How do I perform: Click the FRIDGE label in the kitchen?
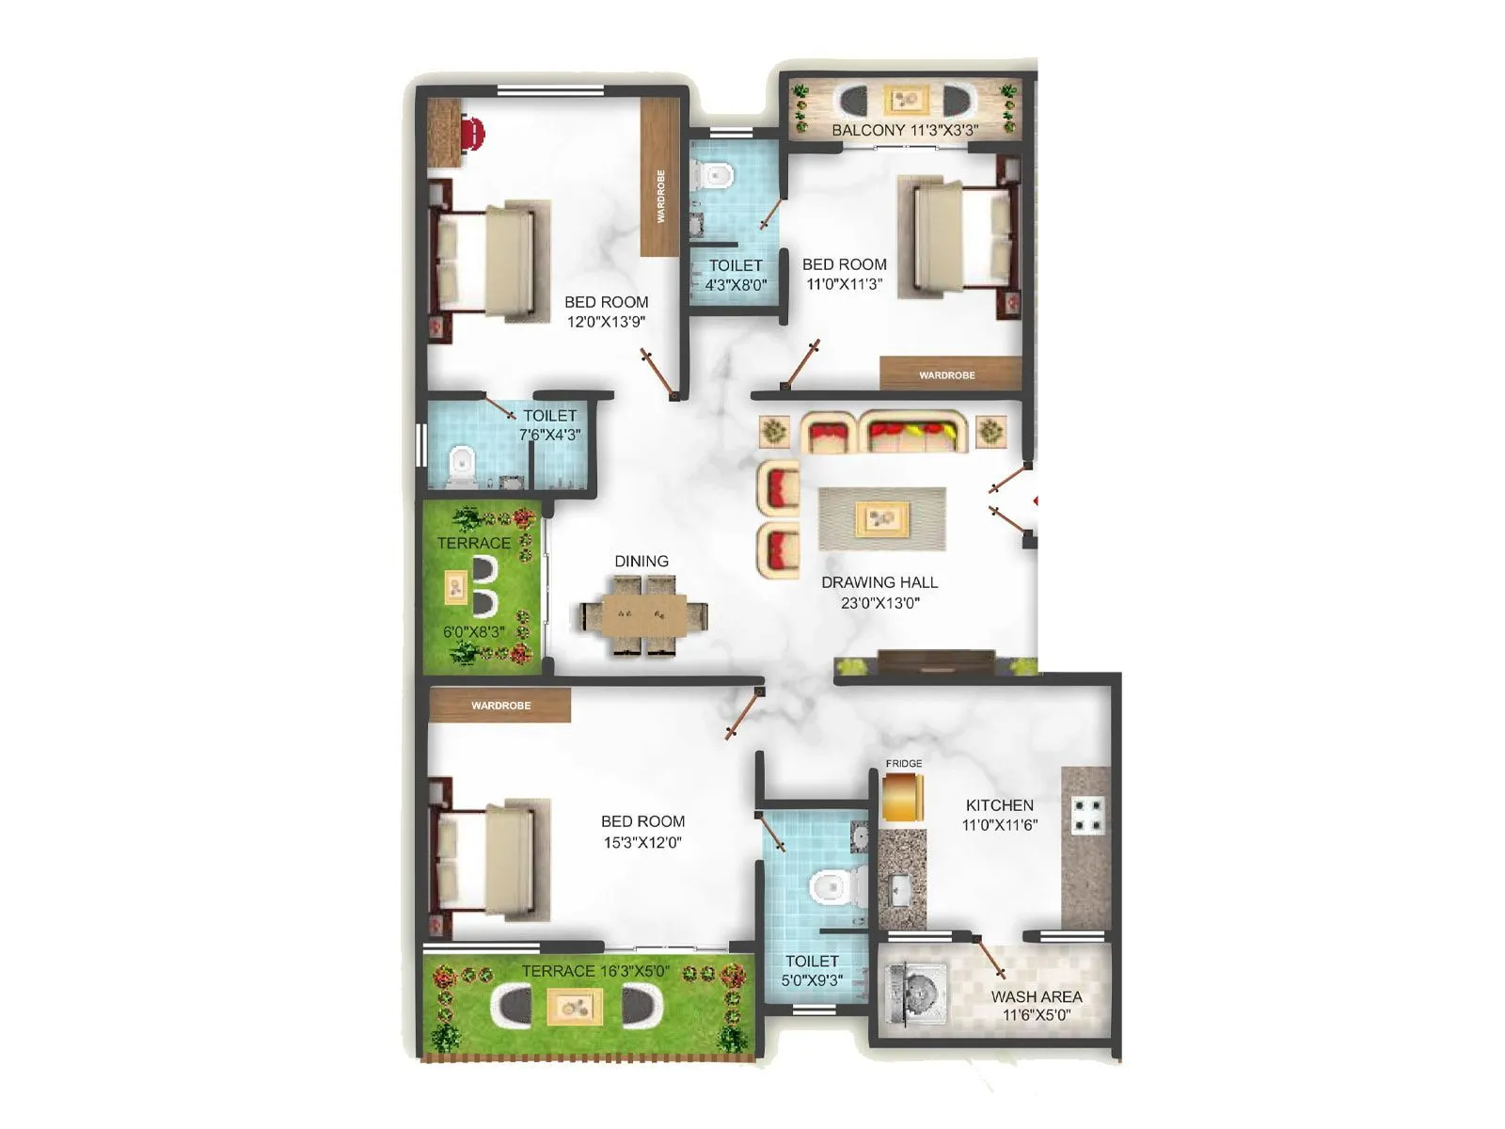coord(903,763)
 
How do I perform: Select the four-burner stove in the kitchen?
coord(1087,816)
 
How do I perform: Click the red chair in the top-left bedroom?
coord(473,133)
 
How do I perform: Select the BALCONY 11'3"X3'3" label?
coord(904,131)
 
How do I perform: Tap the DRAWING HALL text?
coord(879,582)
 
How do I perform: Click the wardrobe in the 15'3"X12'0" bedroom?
coord(500,705)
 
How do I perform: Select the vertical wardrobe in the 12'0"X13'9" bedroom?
coord(659,178)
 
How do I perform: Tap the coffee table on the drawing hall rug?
coord(881,517)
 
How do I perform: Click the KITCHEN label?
coord(999,805)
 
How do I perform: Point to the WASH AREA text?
coord(1036,996)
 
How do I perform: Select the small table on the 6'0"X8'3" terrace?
coord(455,588)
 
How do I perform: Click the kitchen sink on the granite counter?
coord(899,887)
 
